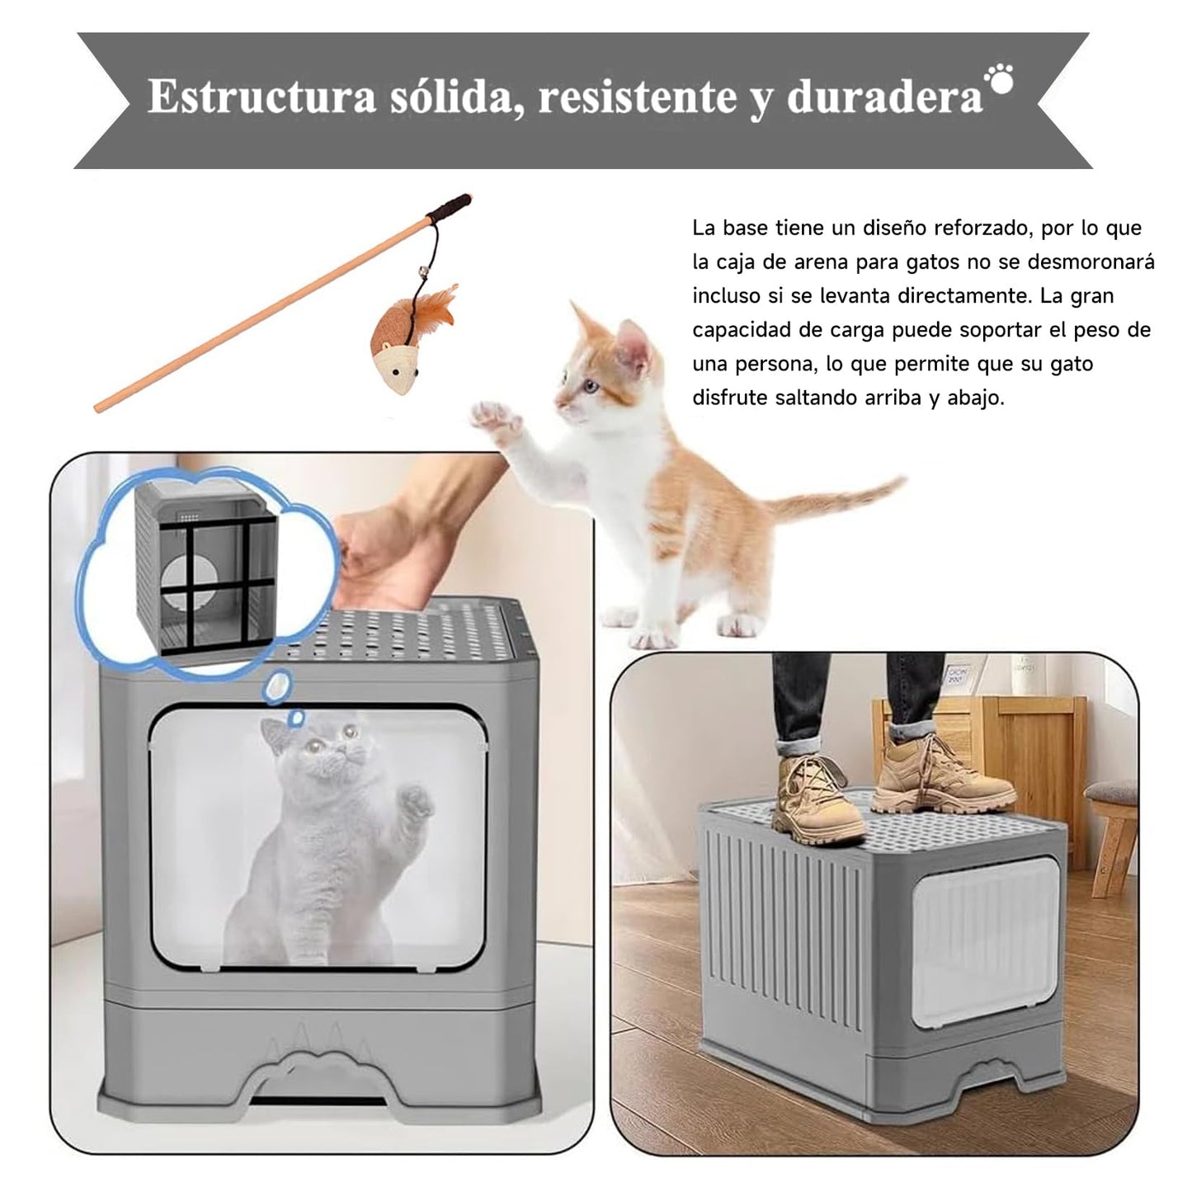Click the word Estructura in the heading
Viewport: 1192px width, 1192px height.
[x=261, y=96]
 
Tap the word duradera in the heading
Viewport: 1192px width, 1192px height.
[x=884, y=97]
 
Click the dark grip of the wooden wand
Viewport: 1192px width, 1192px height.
[x=449, y=209]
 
